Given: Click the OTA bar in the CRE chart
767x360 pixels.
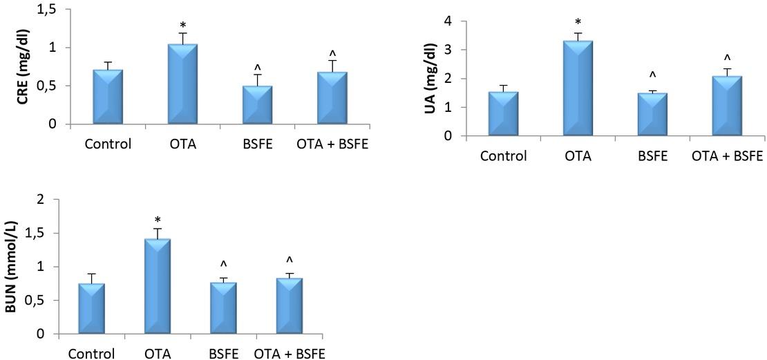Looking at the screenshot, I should (182, 84).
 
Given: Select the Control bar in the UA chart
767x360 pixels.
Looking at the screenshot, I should (503, 113).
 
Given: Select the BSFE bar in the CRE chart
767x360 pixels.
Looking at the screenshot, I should (257, 105).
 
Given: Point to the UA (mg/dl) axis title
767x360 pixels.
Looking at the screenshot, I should (430, 77).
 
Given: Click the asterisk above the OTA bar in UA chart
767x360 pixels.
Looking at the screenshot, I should (578, 22).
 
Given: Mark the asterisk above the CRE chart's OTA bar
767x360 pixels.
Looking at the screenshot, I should (182, 26).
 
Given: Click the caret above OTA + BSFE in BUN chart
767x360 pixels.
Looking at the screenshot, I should (290, 260).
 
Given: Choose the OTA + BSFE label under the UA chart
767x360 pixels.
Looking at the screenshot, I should (727, 155).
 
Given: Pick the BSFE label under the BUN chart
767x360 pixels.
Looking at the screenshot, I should (223, 354).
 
